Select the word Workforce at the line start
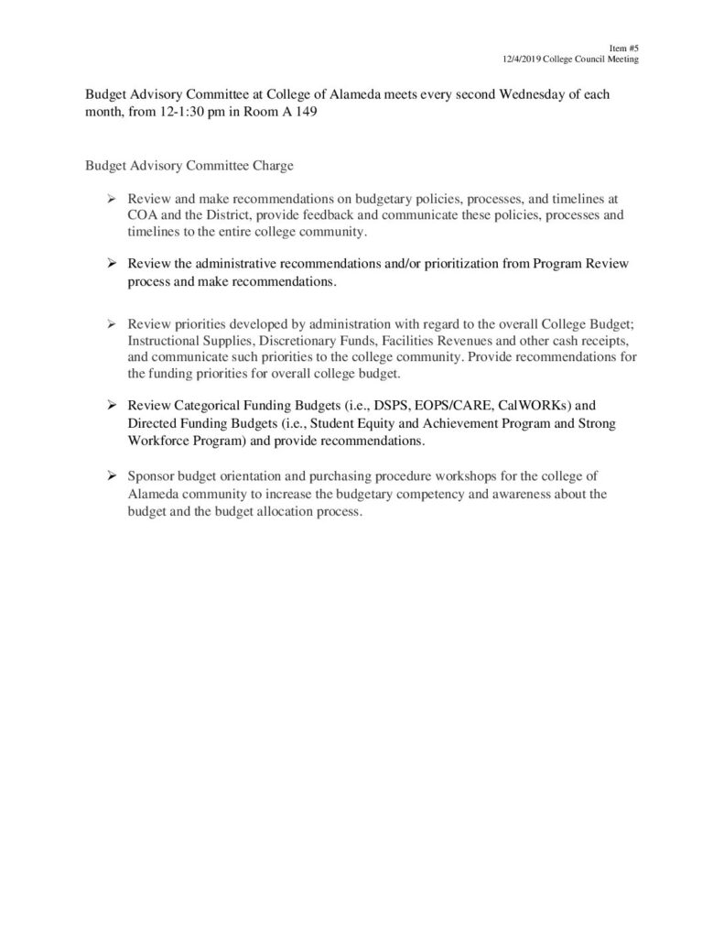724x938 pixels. coord(157,441)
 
